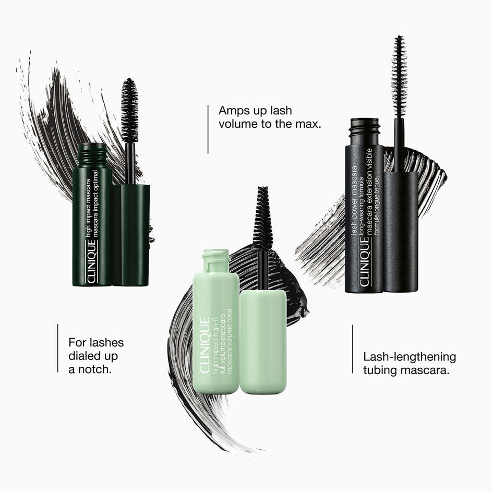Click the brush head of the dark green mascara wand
pos(129,111)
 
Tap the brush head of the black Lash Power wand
pos(399,76)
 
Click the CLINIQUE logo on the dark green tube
pos(91,261)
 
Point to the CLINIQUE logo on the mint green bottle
pos(205,345)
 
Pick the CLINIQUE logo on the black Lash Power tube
pos(365,262)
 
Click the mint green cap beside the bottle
pos(263,342)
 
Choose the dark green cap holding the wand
pos(131,235)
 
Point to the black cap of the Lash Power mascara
pos(401,232)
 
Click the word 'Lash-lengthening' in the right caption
pos(410,357)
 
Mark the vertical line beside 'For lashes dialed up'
pos(58,349)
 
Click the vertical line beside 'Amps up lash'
pos(208,129)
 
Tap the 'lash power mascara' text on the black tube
pos(354,200)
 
